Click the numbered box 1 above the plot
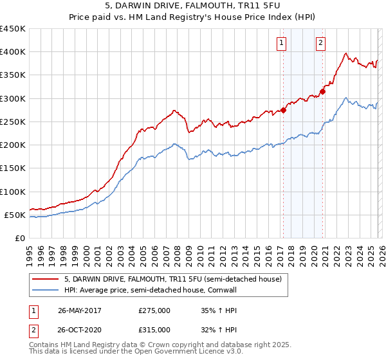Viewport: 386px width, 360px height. click(x=282, y=43)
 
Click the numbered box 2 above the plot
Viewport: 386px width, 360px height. click(x=320, y=43)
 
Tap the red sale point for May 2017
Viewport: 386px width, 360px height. click(x=283, y=110)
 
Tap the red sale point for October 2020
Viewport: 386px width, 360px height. click(x=322, y=91)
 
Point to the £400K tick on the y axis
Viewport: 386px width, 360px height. click(x=12, y=52)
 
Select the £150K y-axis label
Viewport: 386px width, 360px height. click(x=12, y=168)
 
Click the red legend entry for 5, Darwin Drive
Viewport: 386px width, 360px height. click(x=172, y=280)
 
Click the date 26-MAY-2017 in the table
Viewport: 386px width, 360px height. click(x=79, y=310)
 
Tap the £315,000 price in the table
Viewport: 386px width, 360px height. click(x=154, y=329)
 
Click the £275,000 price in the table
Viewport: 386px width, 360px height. click(x=154, y=310)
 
